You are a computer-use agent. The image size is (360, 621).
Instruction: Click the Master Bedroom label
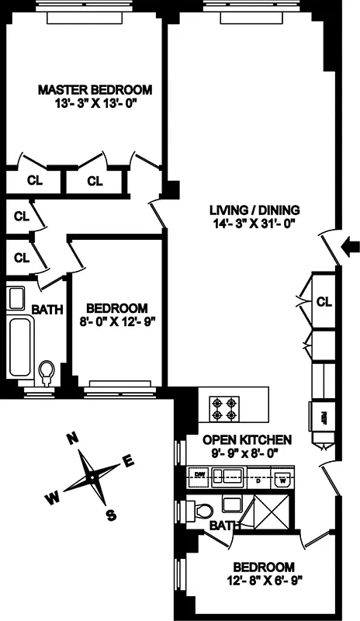point(95,89)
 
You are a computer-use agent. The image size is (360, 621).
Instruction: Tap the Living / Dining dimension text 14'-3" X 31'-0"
point(254,224)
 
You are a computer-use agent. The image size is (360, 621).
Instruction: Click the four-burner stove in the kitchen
point(224,408)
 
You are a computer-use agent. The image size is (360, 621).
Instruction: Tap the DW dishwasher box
point(199,474)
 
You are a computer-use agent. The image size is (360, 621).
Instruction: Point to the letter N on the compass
point(71,439)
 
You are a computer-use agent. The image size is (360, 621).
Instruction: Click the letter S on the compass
point(110,514)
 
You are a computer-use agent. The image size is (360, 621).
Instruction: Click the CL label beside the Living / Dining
point(324,301)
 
